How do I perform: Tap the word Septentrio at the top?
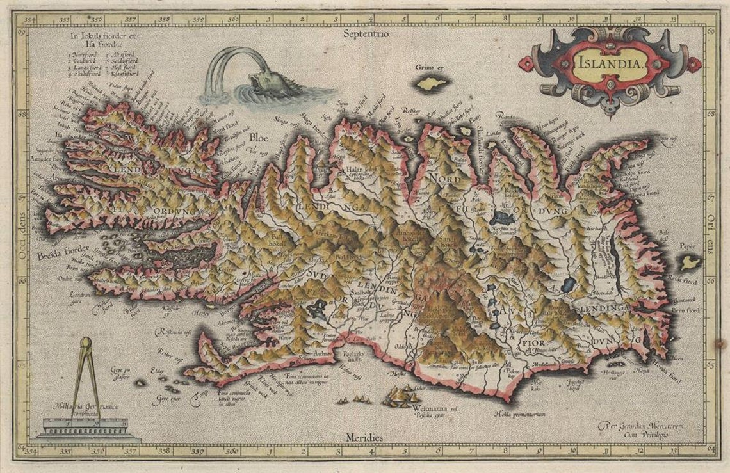[366, 33]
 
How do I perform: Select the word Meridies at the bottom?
[364, 437]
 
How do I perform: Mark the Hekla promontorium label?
[519, 414]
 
